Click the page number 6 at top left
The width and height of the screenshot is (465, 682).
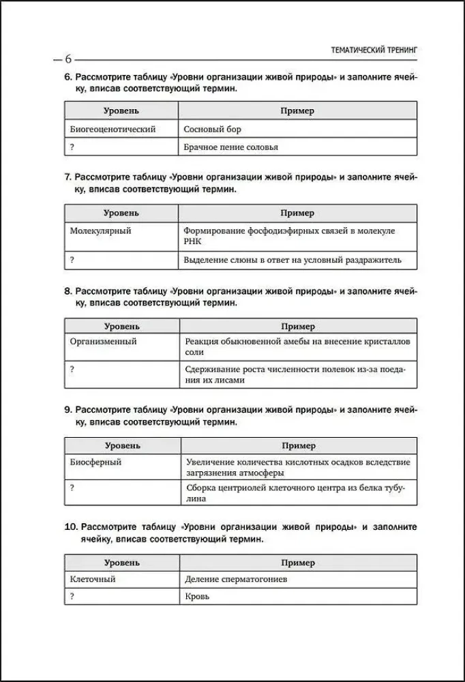click(68, 58)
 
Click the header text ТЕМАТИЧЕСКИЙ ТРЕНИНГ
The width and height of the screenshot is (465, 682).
click(372, 50)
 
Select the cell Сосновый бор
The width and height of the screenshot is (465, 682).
click(213, 129)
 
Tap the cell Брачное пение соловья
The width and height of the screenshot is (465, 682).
click(231, 147)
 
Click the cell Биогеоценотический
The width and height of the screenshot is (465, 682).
click(112, 129)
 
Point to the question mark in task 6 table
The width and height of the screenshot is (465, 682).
click(72, 147)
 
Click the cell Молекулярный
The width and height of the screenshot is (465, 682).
click(100, 231)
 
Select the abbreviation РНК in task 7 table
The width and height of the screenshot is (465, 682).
click(194, 241)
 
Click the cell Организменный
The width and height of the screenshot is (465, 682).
click(103, 342)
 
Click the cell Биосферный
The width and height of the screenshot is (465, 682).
click(95, 462)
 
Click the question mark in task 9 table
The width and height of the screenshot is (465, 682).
click(72, 488)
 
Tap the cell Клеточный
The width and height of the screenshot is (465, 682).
click(93, 579)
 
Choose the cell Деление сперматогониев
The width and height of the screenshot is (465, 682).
click(236, 579)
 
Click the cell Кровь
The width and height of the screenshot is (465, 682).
click(196, 596)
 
